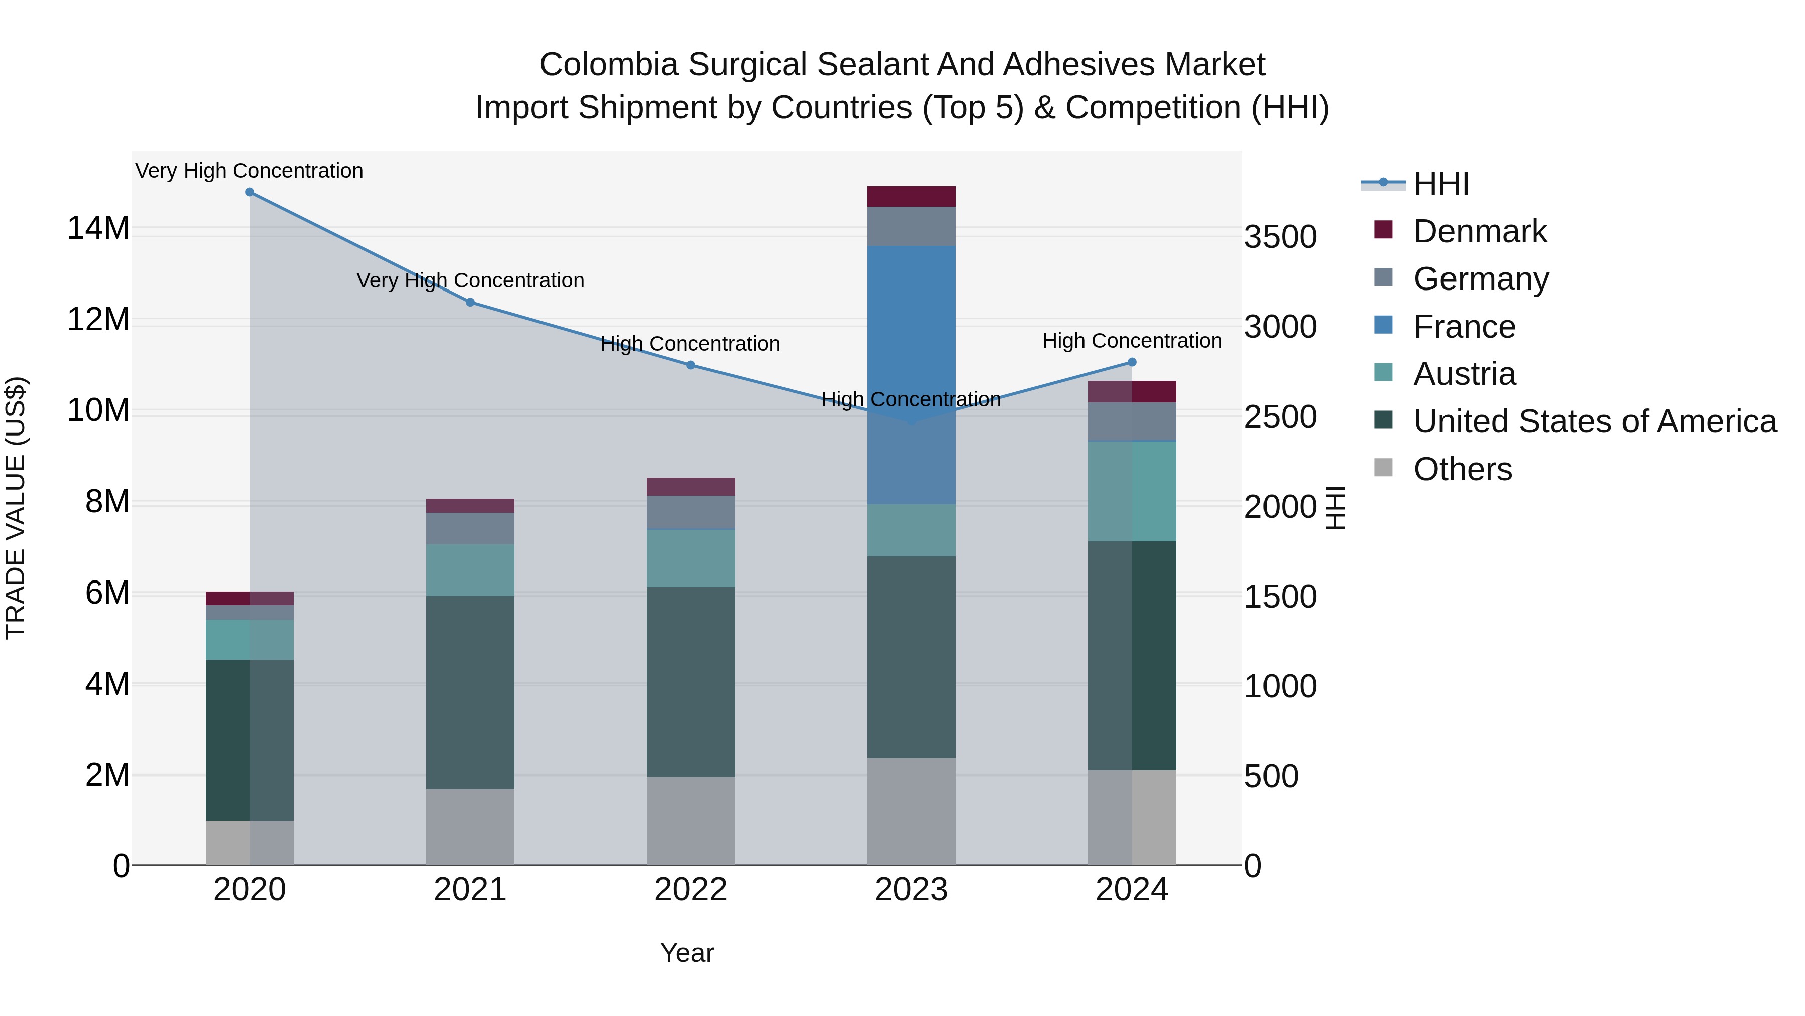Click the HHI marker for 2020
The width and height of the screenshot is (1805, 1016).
click(250, 192)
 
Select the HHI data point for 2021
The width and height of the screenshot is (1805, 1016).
click(470, 302)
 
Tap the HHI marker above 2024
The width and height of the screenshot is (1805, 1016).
click(1132, 363)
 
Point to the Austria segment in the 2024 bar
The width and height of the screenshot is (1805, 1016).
click(1132, 491)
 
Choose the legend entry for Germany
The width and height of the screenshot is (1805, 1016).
click(1480, 279)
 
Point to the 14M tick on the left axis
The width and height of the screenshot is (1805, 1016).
click(98, 229)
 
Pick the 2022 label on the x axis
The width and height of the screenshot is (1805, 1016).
click(690, 890)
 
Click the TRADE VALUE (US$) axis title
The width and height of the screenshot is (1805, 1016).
click(16, 508)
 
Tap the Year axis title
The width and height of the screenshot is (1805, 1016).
click(687, 953)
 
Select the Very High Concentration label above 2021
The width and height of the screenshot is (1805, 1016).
click(470, 280)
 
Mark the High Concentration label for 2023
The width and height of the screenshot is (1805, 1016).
click(911, 400)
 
